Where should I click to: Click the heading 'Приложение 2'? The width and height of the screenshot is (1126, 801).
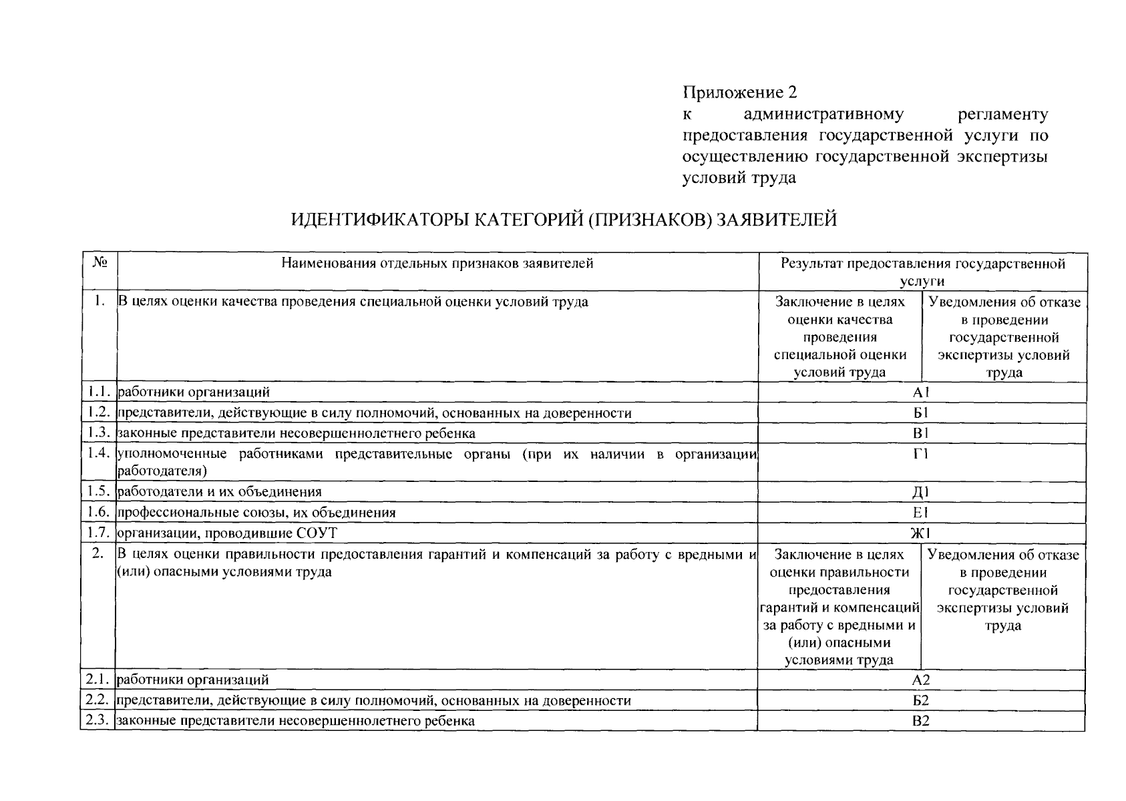[x=739, y=92]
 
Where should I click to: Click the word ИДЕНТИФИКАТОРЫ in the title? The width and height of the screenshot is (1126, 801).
[x=379, y=220]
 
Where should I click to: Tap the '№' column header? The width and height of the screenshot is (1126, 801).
[x=99, y=263]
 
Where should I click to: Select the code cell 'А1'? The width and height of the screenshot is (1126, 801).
[x=922, y=392]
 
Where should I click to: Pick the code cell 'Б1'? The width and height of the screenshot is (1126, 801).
[x=922, y=413]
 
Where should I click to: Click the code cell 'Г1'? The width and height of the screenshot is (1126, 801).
[x=922, y=455]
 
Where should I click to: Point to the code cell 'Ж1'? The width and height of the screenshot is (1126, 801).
[x=922, y=533]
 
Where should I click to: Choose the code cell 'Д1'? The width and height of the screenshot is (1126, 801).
[x=922, y=493]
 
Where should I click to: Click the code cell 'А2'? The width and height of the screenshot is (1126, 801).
[x=921, y=680]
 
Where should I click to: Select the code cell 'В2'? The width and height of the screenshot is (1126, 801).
[x=921, y=721]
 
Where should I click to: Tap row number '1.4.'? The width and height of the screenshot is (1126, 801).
[x=98, y=454]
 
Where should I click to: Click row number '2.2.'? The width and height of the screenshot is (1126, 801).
[x=98, y=700]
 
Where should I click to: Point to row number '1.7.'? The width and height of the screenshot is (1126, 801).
[x=98, y=533]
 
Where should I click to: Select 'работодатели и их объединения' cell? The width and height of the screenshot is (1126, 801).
[x=220, y=492]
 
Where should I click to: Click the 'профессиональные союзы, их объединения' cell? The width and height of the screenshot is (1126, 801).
[x=256, y=513]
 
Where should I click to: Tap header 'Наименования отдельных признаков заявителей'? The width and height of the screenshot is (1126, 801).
[x=437, y=263]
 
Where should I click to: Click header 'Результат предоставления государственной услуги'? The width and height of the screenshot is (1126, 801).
[x=923, y=271]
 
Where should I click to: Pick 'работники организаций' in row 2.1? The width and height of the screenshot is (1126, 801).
[x=193, y=680]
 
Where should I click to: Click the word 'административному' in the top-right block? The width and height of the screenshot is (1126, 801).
[x=823, y=114]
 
